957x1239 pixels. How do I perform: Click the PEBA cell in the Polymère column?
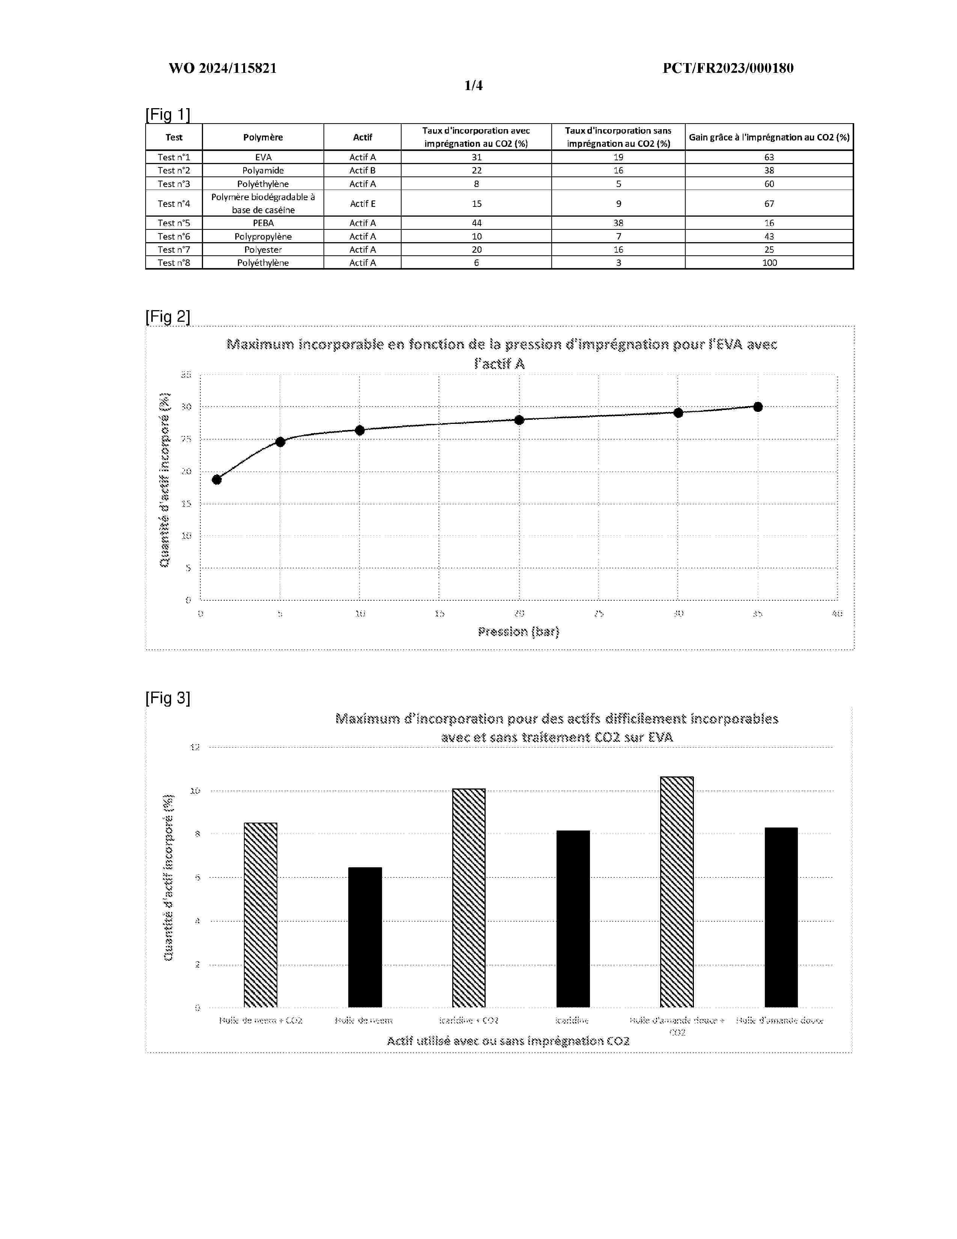[263, 223]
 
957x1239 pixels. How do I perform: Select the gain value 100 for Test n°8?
[769, 263]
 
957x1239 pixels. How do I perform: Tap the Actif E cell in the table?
[362, 203]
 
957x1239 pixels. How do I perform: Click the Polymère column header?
[263, 137]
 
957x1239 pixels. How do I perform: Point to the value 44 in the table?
[476, 223]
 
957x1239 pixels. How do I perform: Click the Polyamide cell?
[263, 170]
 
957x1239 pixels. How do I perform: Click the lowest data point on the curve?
[217, 480]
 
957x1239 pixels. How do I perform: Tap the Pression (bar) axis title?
[518, 632]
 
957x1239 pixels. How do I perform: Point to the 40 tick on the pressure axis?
[837, 613]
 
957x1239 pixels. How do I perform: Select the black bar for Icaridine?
[573, 919]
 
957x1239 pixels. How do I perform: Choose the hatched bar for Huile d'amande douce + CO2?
[677, 892]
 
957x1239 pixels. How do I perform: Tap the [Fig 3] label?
[168, 698]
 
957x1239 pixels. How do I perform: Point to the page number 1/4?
[473, 86]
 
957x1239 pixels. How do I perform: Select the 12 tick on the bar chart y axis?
[195, 747]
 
